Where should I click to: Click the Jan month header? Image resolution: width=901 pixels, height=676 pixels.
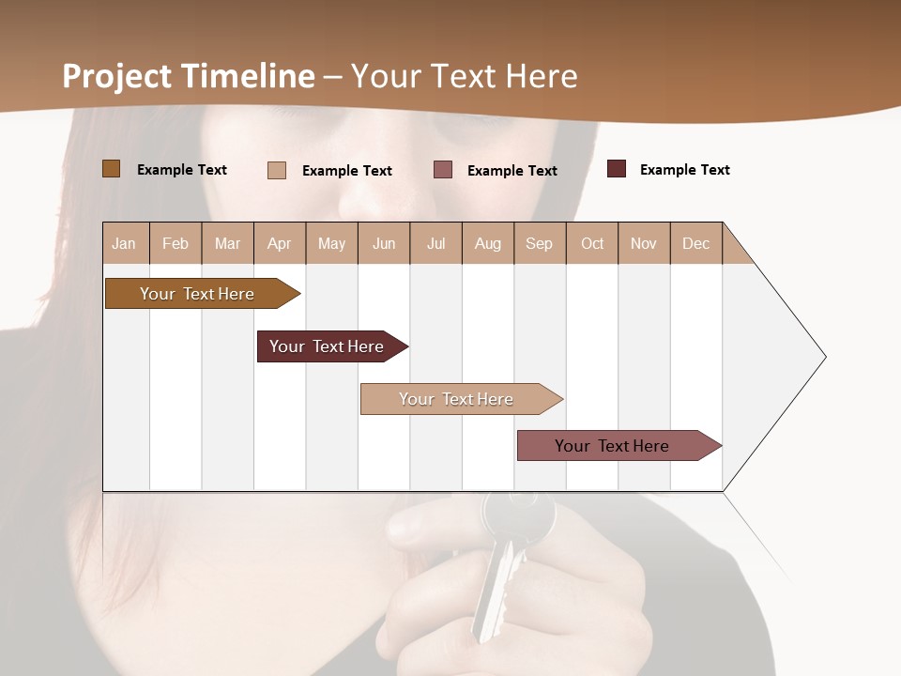pyautogui.click(x=125, y=243)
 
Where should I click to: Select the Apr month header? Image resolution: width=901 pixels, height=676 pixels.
pyautogui.click(x=280, y=243)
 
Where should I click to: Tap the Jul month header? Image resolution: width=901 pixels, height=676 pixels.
pyautogui.click(x=435, y=243)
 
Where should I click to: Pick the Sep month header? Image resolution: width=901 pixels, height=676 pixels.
pyautogui.click(x=540, y=243)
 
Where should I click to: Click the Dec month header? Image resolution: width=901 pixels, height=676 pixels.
pyautogui.click(x=695, y=243)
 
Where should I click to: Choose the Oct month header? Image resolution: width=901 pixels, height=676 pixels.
pyautogui.click(x=592, y=243)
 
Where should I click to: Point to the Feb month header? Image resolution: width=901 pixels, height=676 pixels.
pyautogui.click(x=176, y=243)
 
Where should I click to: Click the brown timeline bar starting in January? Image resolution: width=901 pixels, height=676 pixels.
pyautogui.click(x=198, y=294)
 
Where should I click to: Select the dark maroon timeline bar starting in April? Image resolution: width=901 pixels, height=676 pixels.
pyautogui.click(x=328, y=346)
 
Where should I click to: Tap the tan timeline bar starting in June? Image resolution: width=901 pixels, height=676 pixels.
pyautogui.click(x=457, y=399)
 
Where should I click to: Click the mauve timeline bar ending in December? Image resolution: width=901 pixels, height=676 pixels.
pyautogui.click(x=613, y=446)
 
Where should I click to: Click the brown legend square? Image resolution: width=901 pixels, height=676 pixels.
pyautogui.click(x=112, y=169)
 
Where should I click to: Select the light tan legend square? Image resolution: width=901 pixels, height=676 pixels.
pyautogui.click(x=277, y=170)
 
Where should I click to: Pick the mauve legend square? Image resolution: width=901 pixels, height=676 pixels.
pyautogui.click(x=443, y=170)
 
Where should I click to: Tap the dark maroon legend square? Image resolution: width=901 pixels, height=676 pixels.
pyautogui.click(x=617, y=169)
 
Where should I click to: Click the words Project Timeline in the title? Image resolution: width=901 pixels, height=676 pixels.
pyautogui.click(x=189, y=76)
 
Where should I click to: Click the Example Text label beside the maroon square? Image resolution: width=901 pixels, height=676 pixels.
pyautogui.click(x=684, y=170)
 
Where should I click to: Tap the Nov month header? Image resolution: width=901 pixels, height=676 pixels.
pyautogui.click(x=644, y=243)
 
